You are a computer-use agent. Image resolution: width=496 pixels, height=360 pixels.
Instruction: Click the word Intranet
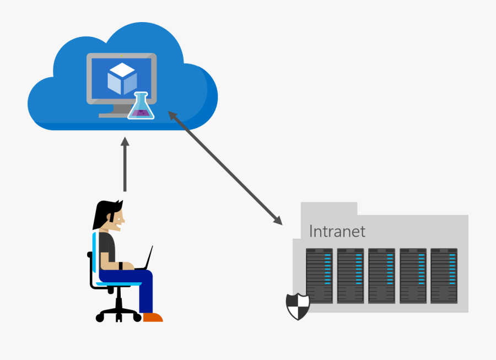click(337, 231)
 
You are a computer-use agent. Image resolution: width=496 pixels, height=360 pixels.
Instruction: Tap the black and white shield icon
click(298, 306)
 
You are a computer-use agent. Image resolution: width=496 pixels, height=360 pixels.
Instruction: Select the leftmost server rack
click(320, 276)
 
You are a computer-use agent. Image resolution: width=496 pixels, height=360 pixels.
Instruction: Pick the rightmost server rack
click(444, 276)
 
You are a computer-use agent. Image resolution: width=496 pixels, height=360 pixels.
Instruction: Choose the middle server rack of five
click(381, 276)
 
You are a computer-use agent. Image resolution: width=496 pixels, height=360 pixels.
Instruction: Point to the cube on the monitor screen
click(122, 78)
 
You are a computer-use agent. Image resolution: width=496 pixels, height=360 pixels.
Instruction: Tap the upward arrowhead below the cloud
click(125, 144)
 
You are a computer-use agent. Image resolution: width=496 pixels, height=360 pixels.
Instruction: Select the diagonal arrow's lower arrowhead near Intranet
click(278, 221)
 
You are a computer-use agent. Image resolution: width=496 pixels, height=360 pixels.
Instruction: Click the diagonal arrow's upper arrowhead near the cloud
click(172, 115)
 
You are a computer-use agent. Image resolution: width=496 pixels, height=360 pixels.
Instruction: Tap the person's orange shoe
click(153, 317)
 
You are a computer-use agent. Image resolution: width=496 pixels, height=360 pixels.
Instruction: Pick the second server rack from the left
click(351, 276)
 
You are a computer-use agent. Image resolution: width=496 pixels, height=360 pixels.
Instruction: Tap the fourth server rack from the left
click(413, 276)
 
